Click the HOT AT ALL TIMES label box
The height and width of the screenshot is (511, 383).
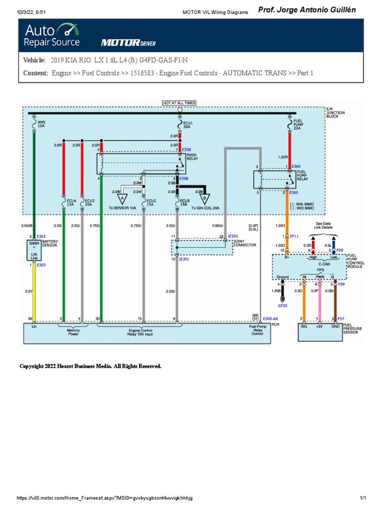[180, 103]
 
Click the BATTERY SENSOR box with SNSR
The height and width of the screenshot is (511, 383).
[33, 250]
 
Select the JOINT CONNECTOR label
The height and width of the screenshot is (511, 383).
[245, 243]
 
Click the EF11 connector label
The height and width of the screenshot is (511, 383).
[294, 236]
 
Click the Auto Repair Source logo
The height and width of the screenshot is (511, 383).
[52, 35]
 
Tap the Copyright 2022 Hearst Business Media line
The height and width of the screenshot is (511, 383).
[90, 366]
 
